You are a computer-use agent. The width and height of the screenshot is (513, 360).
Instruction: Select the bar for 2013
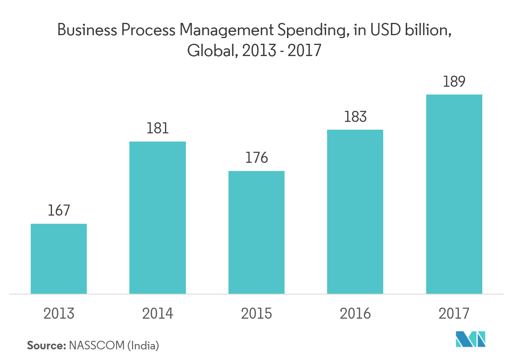[59, 259]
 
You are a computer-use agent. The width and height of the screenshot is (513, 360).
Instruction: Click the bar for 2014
[158, 218]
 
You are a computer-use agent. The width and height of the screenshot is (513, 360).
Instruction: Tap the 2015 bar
[256, 232]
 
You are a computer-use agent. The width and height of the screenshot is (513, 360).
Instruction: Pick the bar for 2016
[355, 211]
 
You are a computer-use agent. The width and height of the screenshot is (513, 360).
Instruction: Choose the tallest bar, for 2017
[454, 194]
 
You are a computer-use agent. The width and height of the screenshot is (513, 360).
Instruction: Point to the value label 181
[158, 128]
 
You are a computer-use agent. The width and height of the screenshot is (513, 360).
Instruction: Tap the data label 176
[256, 157]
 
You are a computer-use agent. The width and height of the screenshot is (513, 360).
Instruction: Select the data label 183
[355, 117]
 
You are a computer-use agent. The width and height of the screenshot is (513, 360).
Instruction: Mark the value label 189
[454, 81]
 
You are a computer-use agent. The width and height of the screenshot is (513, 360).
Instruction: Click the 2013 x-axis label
[59, 314]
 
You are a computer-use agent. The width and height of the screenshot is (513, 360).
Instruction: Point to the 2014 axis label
[158, 314]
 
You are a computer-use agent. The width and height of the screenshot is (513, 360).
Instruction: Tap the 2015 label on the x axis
[256, 314]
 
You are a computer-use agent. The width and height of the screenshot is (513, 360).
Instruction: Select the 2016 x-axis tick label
[355, 314]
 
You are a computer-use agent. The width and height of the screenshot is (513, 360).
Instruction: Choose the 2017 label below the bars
[454, 314]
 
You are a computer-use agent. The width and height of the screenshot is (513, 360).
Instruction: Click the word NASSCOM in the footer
[97, 346]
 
